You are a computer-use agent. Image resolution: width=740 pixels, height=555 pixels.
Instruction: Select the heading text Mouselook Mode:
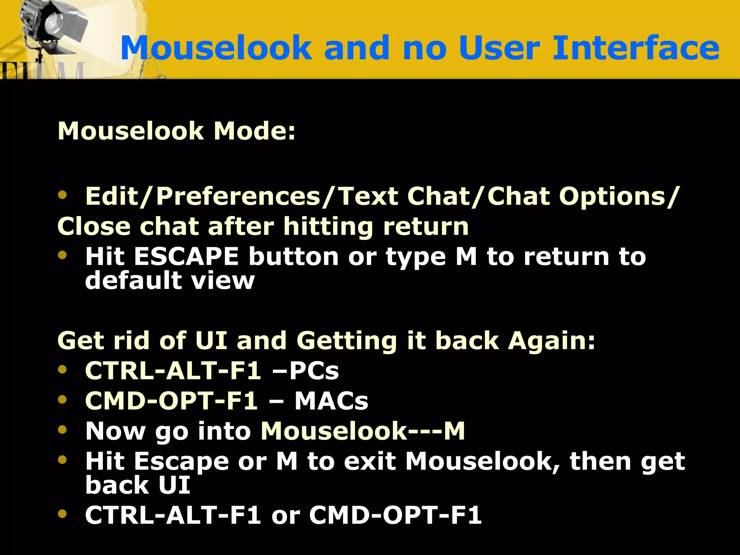point(176,131)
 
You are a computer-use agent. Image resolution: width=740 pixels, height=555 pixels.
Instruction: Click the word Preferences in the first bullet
point(238,197)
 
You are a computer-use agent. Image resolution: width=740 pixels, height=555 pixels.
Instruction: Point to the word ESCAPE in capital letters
point(186,257)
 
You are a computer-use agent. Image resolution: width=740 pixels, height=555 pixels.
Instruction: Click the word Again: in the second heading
point(551,341)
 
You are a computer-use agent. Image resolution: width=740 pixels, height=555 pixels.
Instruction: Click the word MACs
point(331,401)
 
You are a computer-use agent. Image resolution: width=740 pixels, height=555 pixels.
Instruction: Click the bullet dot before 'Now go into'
point(63,429)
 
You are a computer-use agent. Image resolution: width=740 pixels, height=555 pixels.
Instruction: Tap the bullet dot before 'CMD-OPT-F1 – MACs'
point(63,399)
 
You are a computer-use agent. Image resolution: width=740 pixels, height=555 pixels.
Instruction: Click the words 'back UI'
point(137,485)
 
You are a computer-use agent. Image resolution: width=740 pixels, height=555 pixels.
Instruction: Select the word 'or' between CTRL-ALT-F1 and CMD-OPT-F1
point(285,516)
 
